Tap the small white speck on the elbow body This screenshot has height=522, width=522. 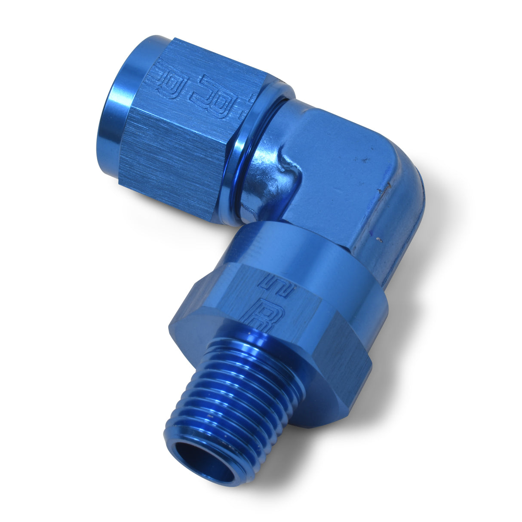click(377, 240)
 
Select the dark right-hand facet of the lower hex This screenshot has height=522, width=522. click(344, 348)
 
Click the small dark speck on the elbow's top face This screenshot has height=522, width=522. click(366, 161)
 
